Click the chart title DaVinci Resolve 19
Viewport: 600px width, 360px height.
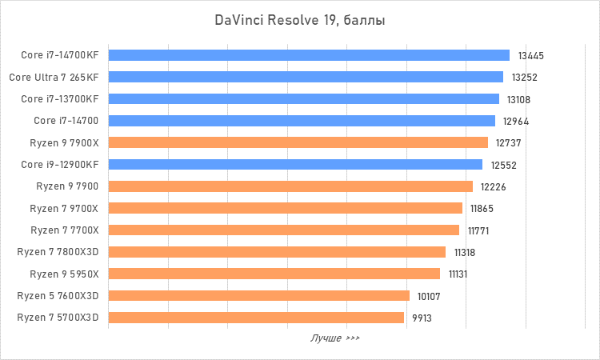coord(300,20)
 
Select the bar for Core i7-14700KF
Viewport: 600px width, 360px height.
coord(308,55)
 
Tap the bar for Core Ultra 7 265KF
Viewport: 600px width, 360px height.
coord(305,77)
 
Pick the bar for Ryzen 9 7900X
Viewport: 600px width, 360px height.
coord(298,142)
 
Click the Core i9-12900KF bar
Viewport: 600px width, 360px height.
coord(294,164)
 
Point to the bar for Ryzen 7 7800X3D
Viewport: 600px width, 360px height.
coord(276,252)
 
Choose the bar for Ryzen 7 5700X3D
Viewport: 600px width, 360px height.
coord(255,318)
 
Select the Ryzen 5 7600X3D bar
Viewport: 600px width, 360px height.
coord(258,295)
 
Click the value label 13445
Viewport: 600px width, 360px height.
coord(530,56)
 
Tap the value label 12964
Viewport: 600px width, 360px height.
coord(516,122)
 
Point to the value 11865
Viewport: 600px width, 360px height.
coord(482,209)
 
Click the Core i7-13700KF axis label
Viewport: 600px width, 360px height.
coord(60,99)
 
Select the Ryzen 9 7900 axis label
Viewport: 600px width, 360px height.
coord(67,186)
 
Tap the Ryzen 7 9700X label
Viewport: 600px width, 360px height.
coord(64,209)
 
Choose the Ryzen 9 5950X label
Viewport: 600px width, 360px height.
coord(64,274)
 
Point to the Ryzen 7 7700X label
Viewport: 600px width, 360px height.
coord(64,230)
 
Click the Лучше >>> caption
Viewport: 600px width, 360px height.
coord(334,338)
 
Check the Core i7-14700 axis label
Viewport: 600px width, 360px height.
coord(66,121)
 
